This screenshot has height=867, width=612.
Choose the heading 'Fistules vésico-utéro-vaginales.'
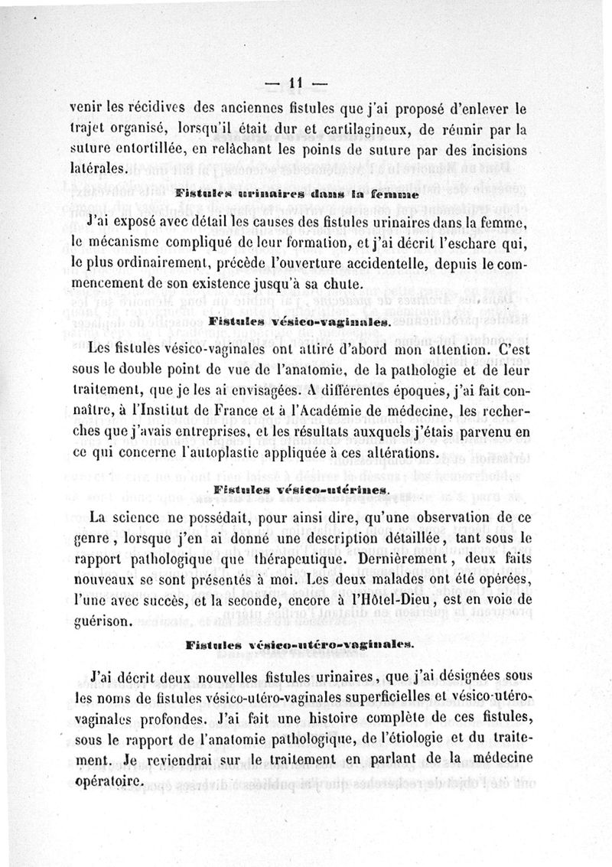pyautogui.click(x=299, y=644)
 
